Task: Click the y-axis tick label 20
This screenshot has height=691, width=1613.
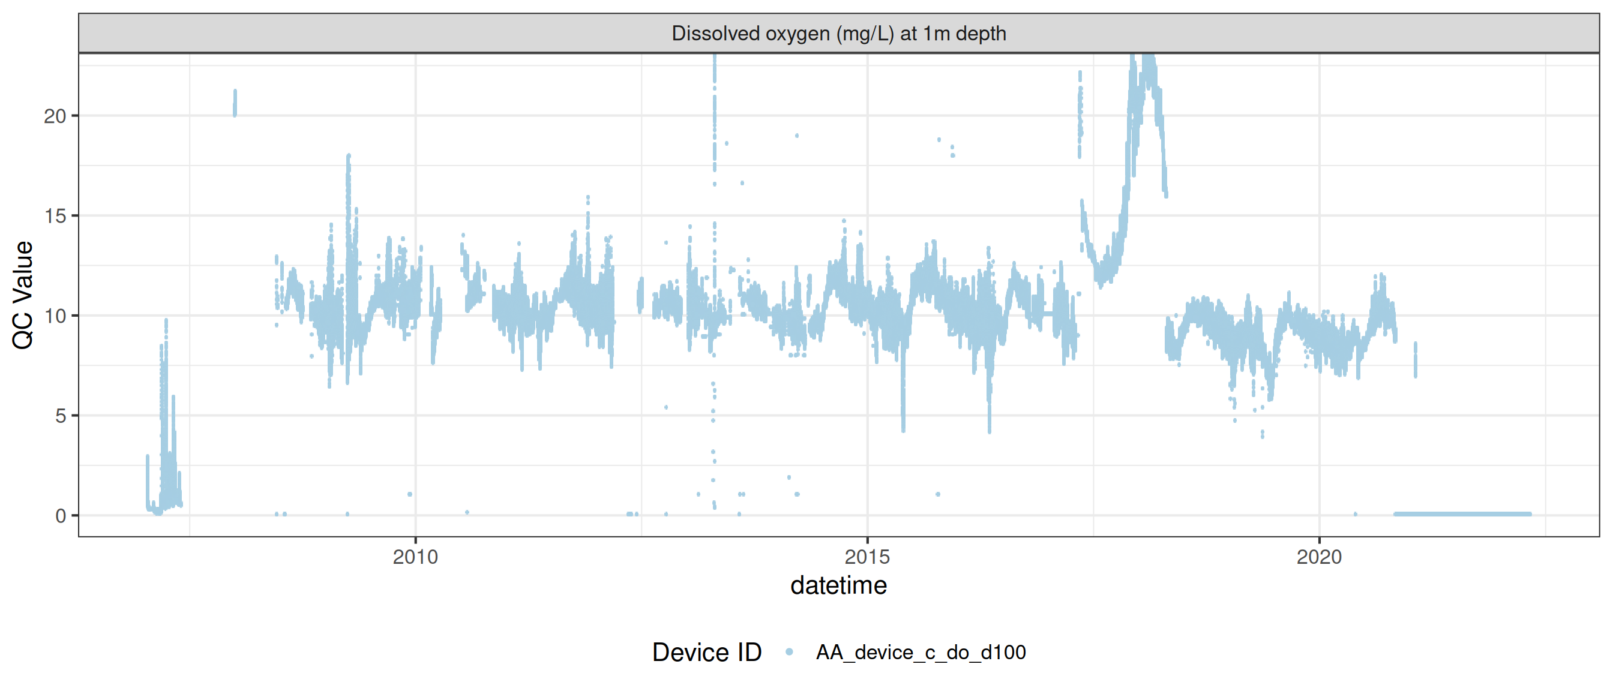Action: tap(55, 116)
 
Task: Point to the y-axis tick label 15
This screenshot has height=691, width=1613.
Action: tap(55, 217)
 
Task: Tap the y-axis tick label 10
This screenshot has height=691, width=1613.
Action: tap(55, 316)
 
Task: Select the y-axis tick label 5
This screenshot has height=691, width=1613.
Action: tap(60, 416)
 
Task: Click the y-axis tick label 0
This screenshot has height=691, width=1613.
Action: tap(60, 516)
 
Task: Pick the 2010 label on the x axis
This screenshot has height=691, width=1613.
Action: tap(415, 557)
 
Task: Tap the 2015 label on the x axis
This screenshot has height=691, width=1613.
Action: tap(867, 557)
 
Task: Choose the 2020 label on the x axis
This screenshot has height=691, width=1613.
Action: tap(1320, 557)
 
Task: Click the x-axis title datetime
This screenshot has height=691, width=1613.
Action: tap(838, 586)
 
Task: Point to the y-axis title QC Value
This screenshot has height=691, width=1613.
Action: tap(23, 295)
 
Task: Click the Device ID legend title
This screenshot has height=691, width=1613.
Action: tap(706, 653)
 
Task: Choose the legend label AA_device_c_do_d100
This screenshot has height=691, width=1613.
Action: tap(921, 653)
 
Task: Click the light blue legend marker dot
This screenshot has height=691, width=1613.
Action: tap(789, 653)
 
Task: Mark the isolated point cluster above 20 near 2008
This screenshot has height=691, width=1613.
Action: tap(235, 103)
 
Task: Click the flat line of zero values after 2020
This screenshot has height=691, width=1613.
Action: tap(1462, 515)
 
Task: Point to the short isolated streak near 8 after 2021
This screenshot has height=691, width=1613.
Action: tap(1415, 360)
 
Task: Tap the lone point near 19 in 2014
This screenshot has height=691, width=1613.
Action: tap(796, 136)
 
